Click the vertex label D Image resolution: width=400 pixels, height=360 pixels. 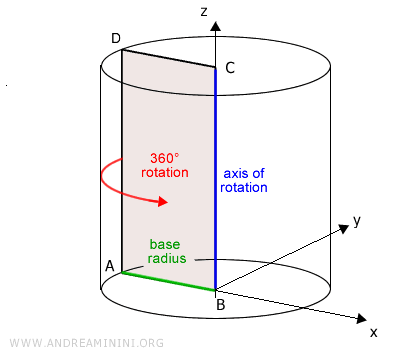(x=116, y=38)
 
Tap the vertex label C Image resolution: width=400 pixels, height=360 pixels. (x=230, y=68)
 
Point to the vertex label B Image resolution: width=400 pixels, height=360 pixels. (x=220, y=304)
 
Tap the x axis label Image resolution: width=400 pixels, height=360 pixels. (x=373, y=330)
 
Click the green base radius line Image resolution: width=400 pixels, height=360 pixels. (x=168, y=281)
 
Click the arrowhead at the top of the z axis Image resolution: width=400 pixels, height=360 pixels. (x=215, y=20)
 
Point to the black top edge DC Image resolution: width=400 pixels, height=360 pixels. (x=168, y=58)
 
